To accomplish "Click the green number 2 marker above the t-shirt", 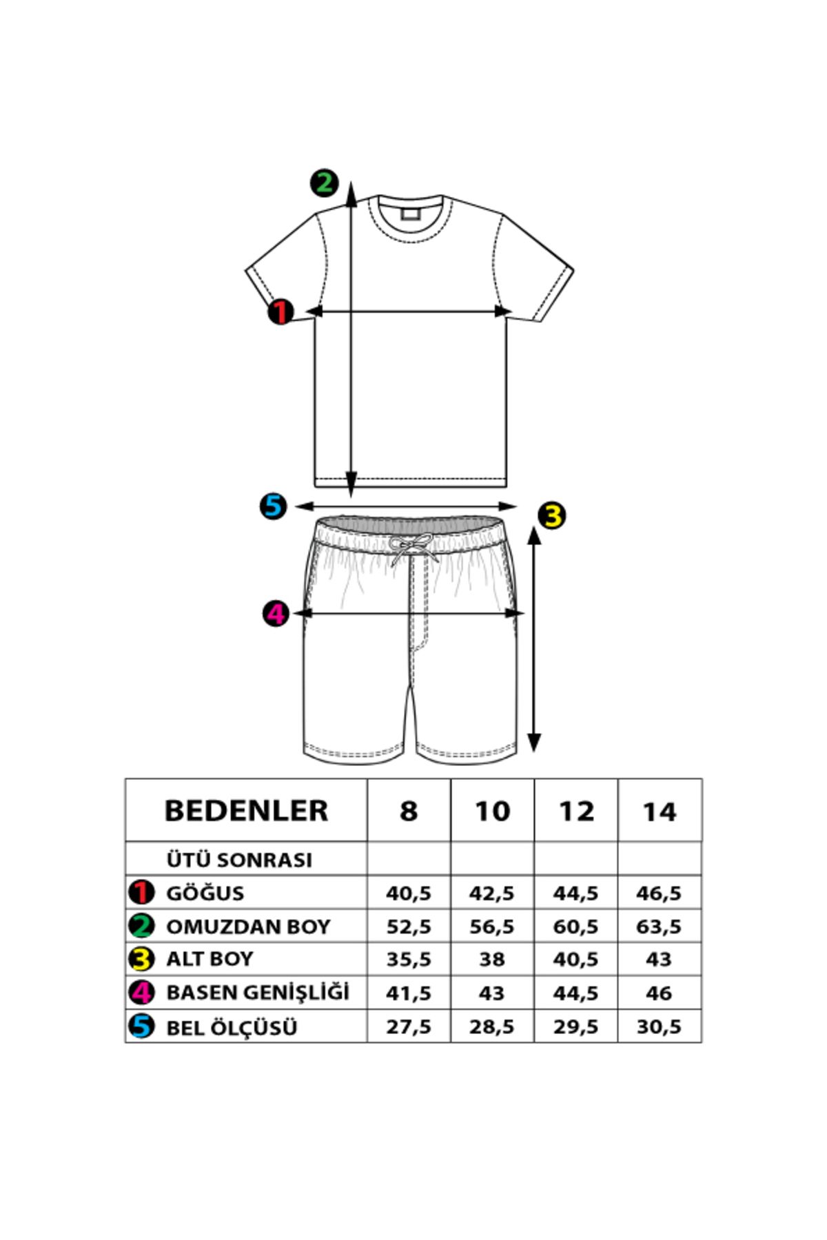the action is tap(324, 183).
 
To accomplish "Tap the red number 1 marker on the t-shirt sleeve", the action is tap(281, 311).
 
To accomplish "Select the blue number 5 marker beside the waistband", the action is tap(273, 506).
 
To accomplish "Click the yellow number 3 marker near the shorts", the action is tap(551, 515).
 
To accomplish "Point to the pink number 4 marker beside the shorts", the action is tap(276, 613).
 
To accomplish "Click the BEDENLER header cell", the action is tap(246, 810).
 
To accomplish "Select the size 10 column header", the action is tap(492, 811).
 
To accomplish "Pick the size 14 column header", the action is tap(660, 811).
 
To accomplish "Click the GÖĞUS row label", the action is tap(205, 893).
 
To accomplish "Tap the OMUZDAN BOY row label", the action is tap(248, 927).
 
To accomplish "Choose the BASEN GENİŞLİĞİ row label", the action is tap(258, 992).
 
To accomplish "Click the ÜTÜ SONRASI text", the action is tap(239, 860).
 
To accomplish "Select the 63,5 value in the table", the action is tap(659, 927).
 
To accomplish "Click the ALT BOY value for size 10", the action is tap(492, 959).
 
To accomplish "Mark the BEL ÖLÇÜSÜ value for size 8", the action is tap(409, 1026).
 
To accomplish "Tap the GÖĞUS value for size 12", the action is tap(575, 893).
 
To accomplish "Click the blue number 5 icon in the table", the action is tap(141, 1026).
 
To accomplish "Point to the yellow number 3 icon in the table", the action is tap(141, 959).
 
